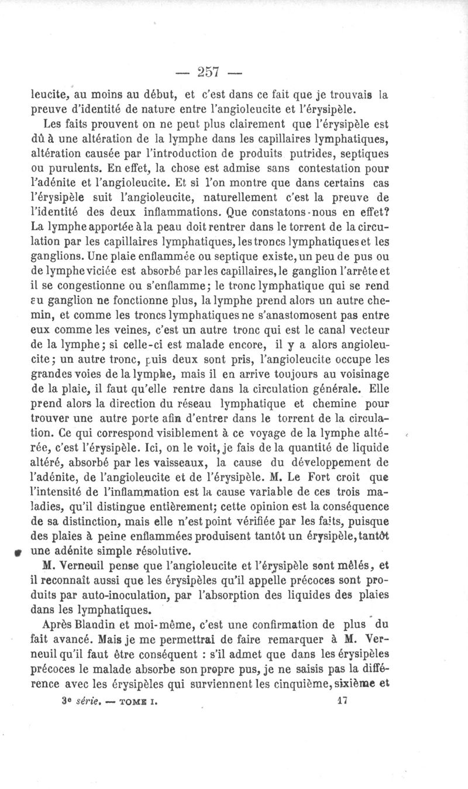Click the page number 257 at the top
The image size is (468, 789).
pos(208,71)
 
